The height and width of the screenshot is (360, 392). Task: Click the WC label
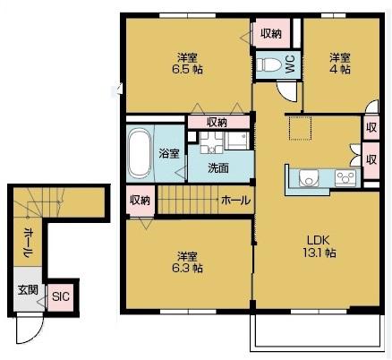(x=290, y=64)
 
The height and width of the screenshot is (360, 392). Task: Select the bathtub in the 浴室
(x=139, y=153)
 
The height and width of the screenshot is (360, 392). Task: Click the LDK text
(x=320, y=240)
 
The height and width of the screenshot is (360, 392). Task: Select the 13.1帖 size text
(x=320, y=254)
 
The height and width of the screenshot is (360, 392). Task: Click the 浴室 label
(x=169, y=152)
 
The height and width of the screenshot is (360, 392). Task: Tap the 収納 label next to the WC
(x=271, y=33)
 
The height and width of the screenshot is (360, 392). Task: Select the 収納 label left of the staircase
(x=139, y=199)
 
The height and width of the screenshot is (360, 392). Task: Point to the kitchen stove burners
(x=346, y=177)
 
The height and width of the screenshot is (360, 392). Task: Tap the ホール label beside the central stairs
(x=235, y=200)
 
